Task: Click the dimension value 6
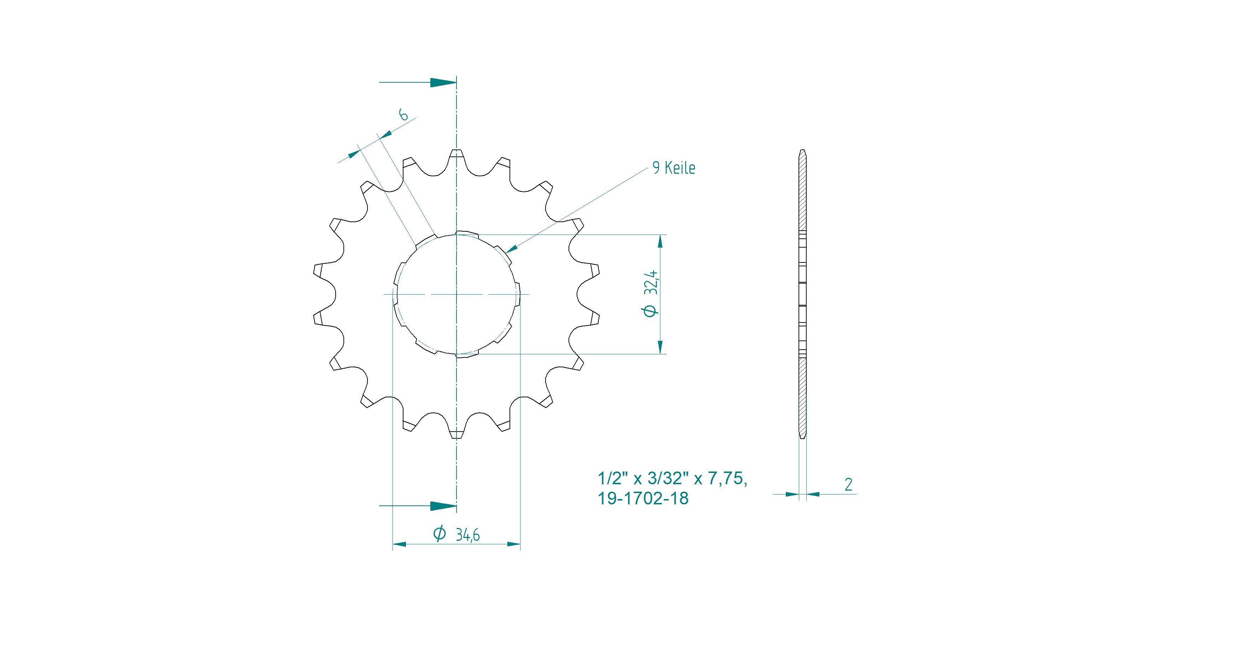coord(403,114)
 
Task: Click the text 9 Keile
coord(673,168)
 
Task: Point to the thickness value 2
coord(848,484)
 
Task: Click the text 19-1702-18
coord(643,498)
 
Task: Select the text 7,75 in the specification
coord(727,479)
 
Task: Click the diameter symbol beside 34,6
coord(440,534)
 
